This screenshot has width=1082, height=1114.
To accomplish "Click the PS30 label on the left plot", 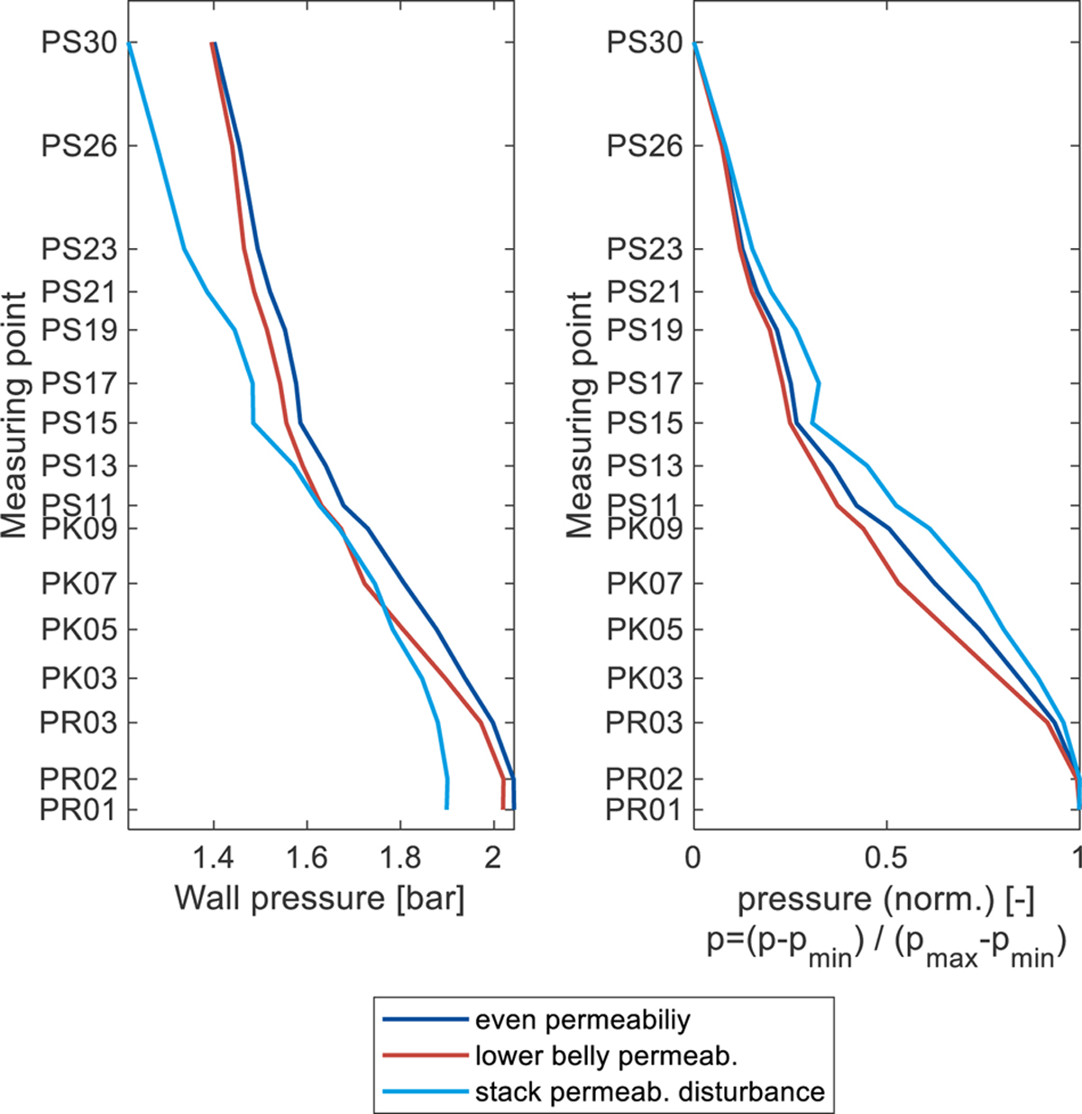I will [78, 42].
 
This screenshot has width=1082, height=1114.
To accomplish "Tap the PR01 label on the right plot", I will [644, 809].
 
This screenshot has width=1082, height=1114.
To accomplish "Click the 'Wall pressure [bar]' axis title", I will [319, 898].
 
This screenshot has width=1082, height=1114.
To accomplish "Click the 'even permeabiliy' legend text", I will [582, 1020].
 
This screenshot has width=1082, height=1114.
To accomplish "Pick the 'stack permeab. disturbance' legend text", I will [649, 1091].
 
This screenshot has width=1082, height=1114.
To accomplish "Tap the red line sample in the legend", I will [426, 1056].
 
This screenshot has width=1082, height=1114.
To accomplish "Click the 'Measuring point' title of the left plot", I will [14, 415].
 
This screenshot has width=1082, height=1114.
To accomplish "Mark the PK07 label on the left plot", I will [78, 583].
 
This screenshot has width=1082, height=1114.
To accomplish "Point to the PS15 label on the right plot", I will [644, 422].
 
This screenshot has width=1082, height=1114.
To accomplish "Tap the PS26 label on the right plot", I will [644, 145].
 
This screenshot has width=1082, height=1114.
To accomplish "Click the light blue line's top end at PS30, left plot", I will [130, 43].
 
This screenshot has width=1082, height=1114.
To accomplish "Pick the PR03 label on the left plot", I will [78, 722].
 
